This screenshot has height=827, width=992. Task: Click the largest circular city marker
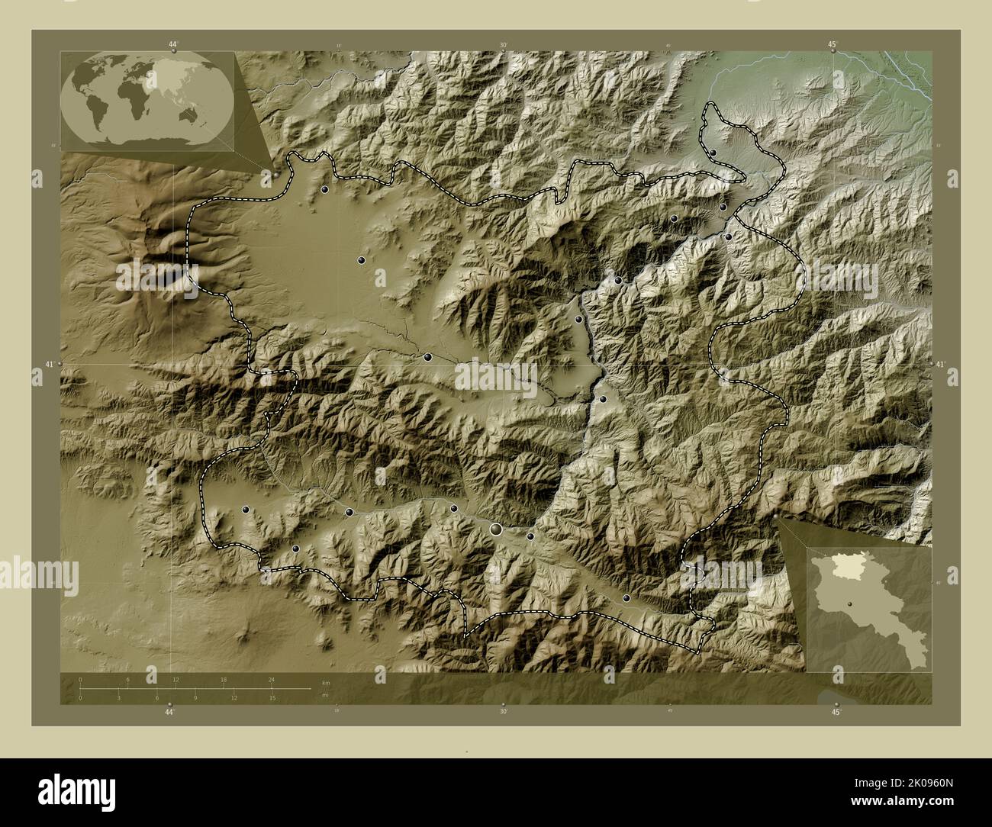[497, 529]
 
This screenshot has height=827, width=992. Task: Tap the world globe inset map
[147, 101]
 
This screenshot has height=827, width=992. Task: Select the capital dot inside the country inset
[837, 607]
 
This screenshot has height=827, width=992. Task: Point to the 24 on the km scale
[271, 679]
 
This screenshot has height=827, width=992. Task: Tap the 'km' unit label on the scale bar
[326, 682]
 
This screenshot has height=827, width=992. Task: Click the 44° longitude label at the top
[173, 45]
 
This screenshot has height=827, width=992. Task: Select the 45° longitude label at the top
[833, 45]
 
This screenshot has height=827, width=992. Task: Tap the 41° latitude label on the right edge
[940, 365]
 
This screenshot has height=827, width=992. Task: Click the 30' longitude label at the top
[503, 45]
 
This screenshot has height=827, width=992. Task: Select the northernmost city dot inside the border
[713, 153]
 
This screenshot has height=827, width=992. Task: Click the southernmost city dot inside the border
[626, 599]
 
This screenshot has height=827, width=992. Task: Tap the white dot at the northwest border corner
[276, 175]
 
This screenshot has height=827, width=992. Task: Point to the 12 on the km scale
[176, 679]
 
